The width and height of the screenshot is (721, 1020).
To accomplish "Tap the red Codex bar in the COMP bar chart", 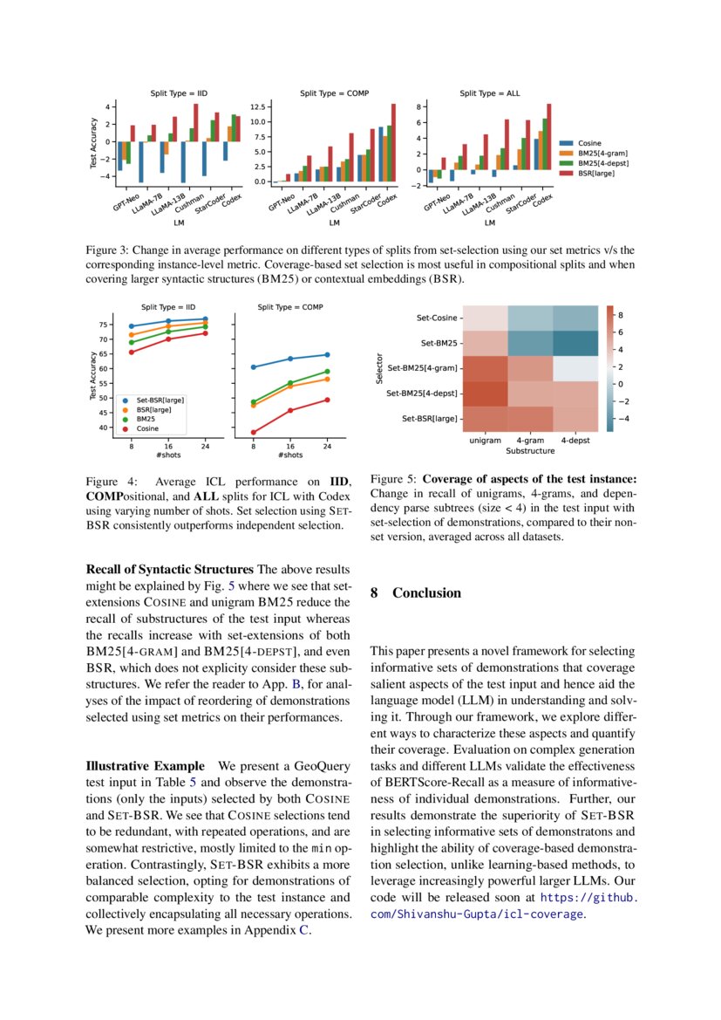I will coord(393,143).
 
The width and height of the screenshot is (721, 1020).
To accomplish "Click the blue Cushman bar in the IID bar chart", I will coord(183,161).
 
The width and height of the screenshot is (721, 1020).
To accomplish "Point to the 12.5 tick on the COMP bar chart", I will coord(257,106).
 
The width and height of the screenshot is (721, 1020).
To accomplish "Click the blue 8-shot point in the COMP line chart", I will coord(254,367).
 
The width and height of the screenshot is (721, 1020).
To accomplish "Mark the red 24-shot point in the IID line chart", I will coord(205,333).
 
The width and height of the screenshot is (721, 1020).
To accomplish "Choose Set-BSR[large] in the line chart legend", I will coord(158,400).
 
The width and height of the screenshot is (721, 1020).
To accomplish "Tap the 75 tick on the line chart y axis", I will coord(105,325).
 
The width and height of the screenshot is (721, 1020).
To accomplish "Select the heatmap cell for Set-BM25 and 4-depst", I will coord(575,344).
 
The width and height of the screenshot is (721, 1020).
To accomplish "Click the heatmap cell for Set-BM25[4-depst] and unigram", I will coord(485,394).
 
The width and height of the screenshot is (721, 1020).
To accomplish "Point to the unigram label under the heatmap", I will coord(485,441).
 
